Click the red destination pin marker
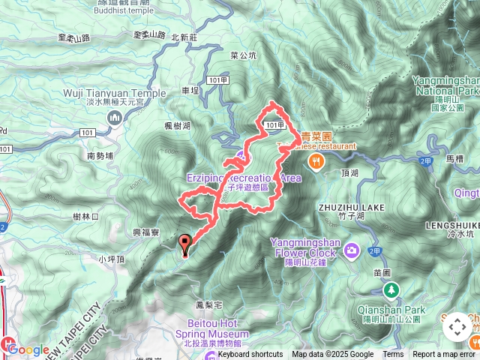tap(185, 243)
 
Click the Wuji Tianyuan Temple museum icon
tap(115, 117)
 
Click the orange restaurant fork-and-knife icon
tap(317, 159)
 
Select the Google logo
tap(28, 350)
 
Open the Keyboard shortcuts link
tap(250, 355)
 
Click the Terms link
tap(393, 355)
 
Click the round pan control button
tap(456, 327)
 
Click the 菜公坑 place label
tap(244, 55)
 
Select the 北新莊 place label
tap(184, 36)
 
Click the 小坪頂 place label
tap(110, 259)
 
